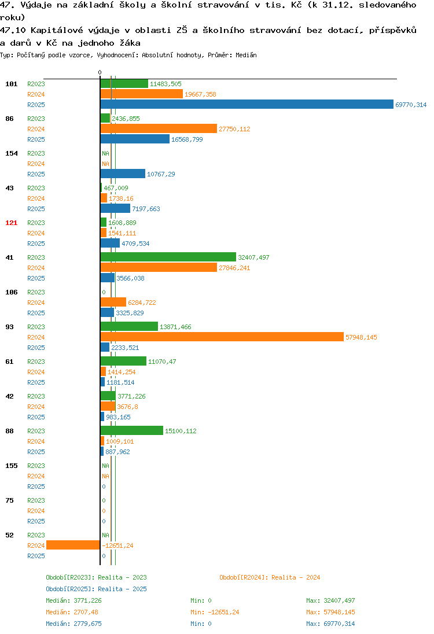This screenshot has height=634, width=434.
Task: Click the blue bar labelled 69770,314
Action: (x=247, y=104)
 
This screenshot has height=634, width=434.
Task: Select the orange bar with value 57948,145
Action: (x=222, y=337)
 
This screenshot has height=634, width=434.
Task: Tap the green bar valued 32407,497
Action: (x=168, y=257)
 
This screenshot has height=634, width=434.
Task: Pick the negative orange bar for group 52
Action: (x=73, y=545)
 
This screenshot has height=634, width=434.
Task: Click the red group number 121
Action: (x=12, y=223)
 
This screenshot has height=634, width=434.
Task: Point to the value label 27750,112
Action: (x=234, y=129)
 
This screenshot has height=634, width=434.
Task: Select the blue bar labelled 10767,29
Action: (x=123, y=174)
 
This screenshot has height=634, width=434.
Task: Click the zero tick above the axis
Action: (x=100, y=72)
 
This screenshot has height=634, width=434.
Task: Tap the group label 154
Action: (x=12, y=153)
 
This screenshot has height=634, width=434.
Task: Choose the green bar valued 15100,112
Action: (x=132, y=430)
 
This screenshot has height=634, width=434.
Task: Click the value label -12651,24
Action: (x=117, y=545)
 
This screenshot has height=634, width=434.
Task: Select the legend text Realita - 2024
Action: (x=296, y=577)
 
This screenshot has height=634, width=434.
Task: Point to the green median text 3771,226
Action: (x=87, y=600)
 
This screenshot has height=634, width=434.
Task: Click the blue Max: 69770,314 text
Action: (x=330, y=624)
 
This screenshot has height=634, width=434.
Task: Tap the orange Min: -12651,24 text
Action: (x=215, y=612)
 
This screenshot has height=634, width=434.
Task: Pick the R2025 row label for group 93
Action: (x=36, y=348)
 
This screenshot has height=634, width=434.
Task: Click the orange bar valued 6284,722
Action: (x=113, y=302)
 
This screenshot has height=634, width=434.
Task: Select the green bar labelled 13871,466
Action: (x=129, y=326)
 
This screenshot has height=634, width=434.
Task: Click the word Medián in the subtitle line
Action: (x=246, y=55)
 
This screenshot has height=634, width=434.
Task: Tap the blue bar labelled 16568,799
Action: (x=135, y=139)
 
